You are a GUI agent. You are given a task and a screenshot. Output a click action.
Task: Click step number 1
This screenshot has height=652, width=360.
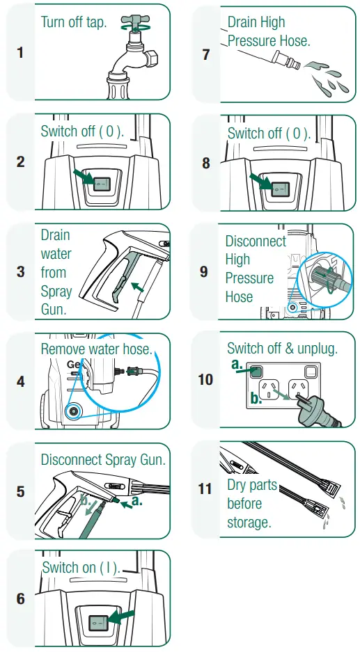coord(20,53)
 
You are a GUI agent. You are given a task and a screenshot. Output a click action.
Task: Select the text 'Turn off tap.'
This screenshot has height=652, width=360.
coord(74,22)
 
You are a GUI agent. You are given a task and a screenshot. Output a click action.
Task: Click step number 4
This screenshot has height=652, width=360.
coord(20,381)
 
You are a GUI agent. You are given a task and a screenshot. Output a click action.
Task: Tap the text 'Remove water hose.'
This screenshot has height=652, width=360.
coord(96,349)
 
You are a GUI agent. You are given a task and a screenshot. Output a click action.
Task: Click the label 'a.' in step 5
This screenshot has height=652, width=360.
coord(136,500)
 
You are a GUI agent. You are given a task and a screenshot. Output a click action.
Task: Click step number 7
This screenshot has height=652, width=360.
coord(206,54)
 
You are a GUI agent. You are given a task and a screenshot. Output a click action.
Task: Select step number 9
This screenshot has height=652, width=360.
coord(204,271)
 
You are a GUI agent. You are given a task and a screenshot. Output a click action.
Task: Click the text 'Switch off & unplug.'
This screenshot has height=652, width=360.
coord(282,349)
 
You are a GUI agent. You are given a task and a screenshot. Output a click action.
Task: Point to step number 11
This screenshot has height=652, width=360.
coord(205,489)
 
